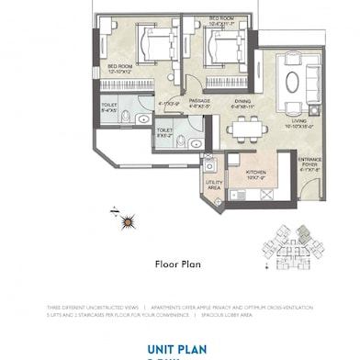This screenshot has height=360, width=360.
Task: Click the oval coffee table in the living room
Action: (292, 81)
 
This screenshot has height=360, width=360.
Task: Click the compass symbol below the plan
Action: (128, 220)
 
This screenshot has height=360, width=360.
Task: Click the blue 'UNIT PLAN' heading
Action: (180, 348)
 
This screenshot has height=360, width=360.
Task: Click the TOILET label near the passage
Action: (165, 131)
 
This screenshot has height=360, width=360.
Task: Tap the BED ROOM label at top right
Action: (221, 20)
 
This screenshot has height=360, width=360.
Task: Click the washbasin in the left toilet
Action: (143, 118)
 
